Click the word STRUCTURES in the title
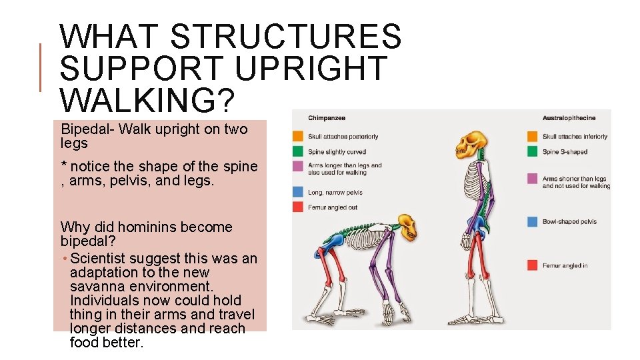pyautogui.click(x=287, y=37)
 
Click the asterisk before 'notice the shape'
pyautogui.click(x=63, y=165)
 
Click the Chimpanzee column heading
pyautogui.click(x=326, y=118)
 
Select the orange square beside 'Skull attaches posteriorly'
pyautogui.click(x=298, y=137)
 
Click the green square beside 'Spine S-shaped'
pyautogui.click(x=532, y=152)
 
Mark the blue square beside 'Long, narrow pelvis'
pyautogui.click(x=298, y=192)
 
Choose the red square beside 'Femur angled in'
pyautogui.click(x=532, y=265)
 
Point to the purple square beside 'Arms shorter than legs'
pyautogui.click(x=532, y=179)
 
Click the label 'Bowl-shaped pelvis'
pyautogui.click(x=569, y=221)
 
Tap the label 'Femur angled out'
pyautogui.click(x=332, y=207)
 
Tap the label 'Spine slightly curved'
pyautogui.click(x=337, y=152)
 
